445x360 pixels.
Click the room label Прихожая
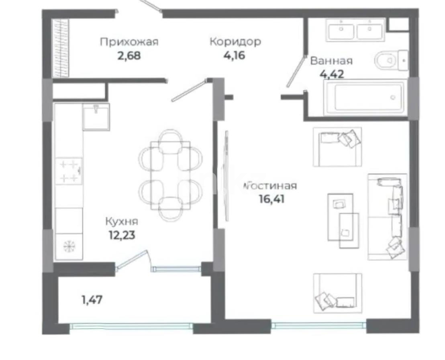click(x=129, y=42)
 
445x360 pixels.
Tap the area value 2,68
click(x=129, y=55)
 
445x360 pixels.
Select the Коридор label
click(x=235, y=41)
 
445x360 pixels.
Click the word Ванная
click(x=331, y=61)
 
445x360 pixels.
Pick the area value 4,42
click(x=332, y=74)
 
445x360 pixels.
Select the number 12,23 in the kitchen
click(x=122, y=235)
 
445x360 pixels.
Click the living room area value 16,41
click(x=272, y=198)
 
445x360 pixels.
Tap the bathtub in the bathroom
click(x=365, y=97)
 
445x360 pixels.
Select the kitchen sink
click(x=96, y=116)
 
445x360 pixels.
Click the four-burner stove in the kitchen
click(x=69, y=171)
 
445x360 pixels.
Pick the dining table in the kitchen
click(x=170, y=176)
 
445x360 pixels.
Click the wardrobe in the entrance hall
click(x=61, y=48)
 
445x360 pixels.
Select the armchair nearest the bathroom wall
click(x=337, y=147)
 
